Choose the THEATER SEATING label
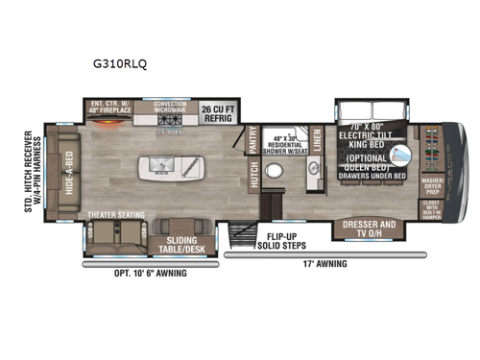click(113, 215)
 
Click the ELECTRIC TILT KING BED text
click(371, 135)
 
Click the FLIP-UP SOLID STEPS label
click(282, 240)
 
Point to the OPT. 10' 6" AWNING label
click(151, 274)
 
